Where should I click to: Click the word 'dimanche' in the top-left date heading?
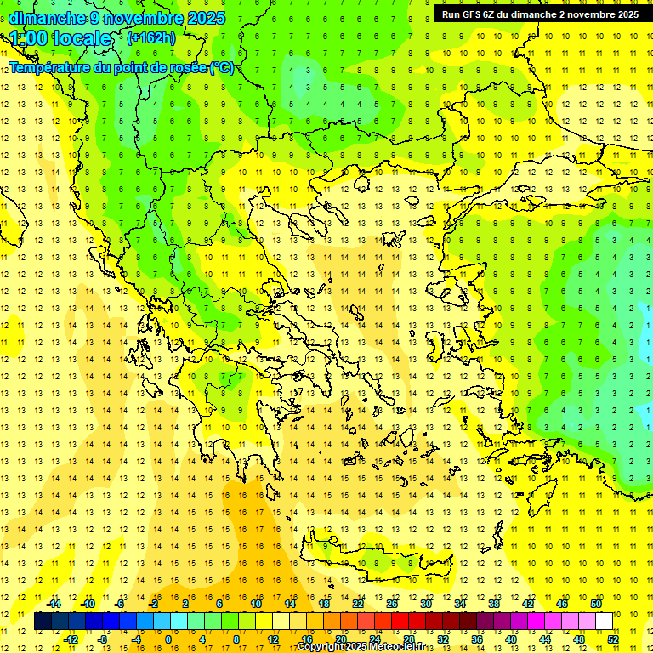click(46, 18)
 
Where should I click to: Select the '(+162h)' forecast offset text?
click(151, 38)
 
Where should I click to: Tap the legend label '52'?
click(613, 639)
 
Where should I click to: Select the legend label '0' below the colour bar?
click(168, 639)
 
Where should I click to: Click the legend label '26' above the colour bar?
click(392, 604)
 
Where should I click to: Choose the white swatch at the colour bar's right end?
click(604, 621)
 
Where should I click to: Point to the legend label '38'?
click(494, 604)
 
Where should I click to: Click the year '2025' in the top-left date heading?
click(207, 18)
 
